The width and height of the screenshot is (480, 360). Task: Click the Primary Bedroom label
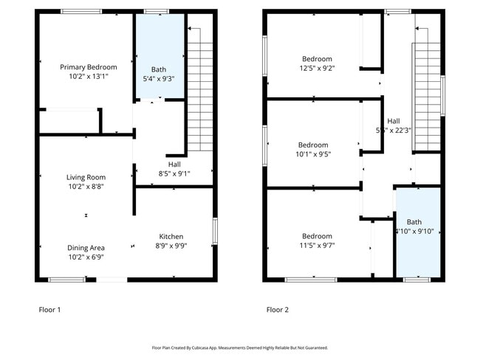(x=86, y=66)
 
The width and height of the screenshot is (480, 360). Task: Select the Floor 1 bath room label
(x=159, y=69)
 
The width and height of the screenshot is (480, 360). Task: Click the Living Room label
(x=86, y=177)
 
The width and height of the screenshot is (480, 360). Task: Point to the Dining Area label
(x=86, y=248)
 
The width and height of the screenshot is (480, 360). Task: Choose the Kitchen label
(x=171, y=237)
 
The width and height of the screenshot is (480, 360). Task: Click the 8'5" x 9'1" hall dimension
(x=174, y=174)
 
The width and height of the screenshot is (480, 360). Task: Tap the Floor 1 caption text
(x=49, y=310)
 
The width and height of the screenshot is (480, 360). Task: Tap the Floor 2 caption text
(x=277, y=310)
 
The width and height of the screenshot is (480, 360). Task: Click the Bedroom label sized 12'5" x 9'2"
(x=317, y=59)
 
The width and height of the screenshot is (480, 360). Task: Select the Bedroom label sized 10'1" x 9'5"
(x=313, y=145)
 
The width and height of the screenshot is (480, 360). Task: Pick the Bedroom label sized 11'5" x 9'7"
(x=316, y=237)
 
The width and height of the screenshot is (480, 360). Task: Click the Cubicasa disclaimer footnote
(x=239, y=347)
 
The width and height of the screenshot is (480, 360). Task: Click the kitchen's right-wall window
(x=214, y=231)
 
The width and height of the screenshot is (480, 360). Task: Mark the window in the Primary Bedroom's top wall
(x=81, y=11)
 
